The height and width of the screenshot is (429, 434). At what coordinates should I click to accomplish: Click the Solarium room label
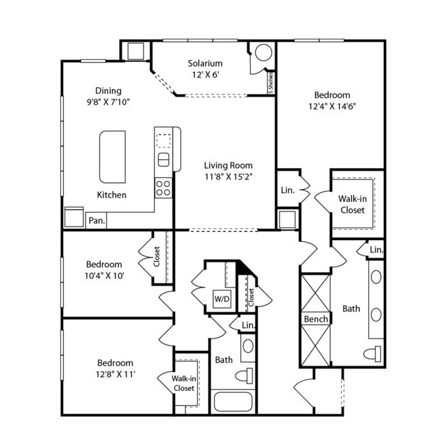point(205,63)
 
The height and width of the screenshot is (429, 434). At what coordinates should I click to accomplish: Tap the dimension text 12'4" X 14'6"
point(332,107)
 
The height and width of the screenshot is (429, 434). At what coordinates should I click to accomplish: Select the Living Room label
point(228,165)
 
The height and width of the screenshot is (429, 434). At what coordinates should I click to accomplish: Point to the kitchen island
point(112,157)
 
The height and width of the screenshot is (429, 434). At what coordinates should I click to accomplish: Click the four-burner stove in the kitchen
point(163,188)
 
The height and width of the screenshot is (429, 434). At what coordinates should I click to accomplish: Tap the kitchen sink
point(163,160)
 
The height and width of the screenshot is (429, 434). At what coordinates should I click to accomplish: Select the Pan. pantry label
point(96,220)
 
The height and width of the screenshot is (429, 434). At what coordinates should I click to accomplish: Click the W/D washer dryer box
point(222,298)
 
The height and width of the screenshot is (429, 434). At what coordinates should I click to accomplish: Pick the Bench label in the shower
point(316,320)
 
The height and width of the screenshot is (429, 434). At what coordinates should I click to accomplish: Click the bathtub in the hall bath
point(233,402)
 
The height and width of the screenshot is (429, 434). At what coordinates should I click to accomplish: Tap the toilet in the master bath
point(372,354)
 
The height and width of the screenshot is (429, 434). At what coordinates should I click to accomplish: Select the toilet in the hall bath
point(244,376)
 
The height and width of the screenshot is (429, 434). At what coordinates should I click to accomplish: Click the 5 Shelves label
point(271,83)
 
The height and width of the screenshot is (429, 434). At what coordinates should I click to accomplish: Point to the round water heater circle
point(264,52)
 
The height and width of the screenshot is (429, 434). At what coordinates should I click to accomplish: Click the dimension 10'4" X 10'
point(104,276)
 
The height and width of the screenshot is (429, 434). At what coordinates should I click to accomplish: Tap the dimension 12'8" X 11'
point(115,375)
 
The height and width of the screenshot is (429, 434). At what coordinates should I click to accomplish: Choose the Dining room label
point(108,91)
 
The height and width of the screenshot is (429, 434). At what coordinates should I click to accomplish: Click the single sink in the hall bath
point(248,346)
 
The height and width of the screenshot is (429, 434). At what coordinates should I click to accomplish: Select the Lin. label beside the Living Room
point(287,190)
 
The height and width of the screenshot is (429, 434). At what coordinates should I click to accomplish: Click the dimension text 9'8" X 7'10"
point(108,102)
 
